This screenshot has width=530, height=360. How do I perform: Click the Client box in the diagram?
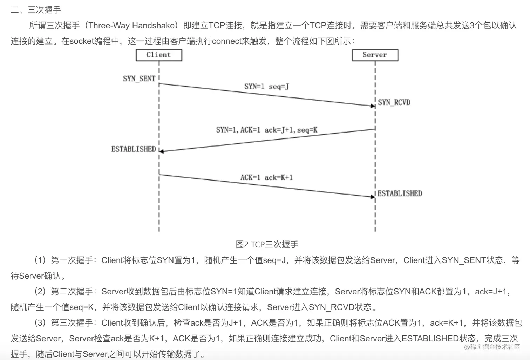point(159,55)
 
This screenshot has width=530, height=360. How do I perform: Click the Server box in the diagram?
point(375,55)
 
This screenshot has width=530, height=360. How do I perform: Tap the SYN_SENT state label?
point(139,79)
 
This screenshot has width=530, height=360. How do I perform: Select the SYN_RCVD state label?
point(394,102)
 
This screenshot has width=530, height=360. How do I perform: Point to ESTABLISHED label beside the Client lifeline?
point(134,149)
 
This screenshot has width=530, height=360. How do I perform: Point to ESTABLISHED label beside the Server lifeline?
point(400,193)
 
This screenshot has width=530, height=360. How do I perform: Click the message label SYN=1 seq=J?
point(266,86)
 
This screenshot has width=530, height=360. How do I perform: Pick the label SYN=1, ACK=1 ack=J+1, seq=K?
point(266,130)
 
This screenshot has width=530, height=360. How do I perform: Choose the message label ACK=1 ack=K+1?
point(266,177)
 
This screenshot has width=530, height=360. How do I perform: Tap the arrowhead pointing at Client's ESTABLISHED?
point(162,151)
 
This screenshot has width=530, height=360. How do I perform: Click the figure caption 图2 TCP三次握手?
point(267,244)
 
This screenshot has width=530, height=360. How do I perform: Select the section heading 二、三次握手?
point(36,9)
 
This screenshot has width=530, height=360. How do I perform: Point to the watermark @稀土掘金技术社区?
point(492,347)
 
